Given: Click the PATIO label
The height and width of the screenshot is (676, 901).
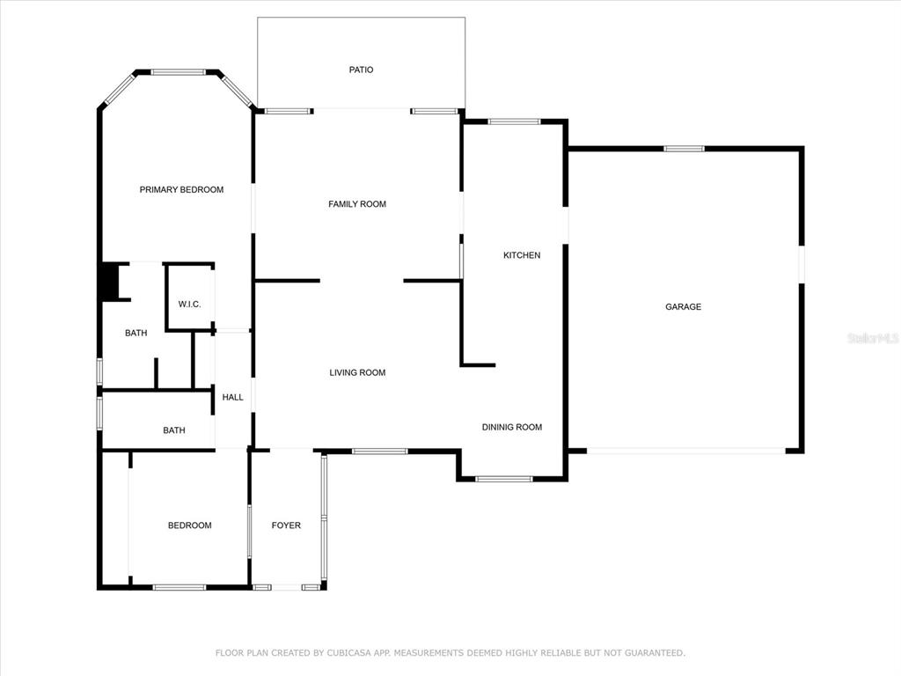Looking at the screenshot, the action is click(x=361, y=70).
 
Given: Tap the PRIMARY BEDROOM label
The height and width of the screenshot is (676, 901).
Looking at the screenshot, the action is click(x=181, y=190).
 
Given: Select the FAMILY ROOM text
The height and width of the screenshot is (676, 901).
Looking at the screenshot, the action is click(x=357, y=204).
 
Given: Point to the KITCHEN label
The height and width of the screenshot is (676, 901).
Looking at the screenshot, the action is click(x=522, y=255).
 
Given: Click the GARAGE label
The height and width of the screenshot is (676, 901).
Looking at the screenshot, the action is click(x=683, y=307).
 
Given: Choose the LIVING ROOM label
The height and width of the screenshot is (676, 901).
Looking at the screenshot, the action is click(x=357, y=372).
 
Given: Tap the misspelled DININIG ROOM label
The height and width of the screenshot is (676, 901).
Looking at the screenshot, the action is click(x=512, y=427).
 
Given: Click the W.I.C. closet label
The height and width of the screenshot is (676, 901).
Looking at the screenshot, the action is click(x=190, y=304).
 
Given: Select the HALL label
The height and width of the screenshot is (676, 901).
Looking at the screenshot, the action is click(x=232, y=397).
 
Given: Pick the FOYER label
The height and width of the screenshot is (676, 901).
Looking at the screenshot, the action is click(x=286, y=525).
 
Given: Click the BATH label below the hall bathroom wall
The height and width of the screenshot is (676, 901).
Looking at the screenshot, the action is click(x=174, y=430).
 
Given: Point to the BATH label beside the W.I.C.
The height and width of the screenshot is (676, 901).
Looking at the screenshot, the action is click(x=136, y=333).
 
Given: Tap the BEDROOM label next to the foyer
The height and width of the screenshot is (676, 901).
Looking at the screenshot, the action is click(x=190, y=525).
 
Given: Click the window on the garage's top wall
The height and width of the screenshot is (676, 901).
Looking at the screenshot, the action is click(x=684, y=149).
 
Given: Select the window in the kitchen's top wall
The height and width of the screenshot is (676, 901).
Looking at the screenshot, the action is click(x=514, y=121).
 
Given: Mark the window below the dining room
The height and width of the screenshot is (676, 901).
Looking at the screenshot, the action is click(x=504, y=478).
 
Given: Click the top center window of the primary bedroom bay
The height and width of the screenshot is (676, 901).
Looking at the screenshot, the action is click(x=178, y=72).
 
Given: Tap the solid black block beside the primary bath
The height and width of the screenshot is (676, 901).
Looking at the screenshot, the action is click(x=110, y=282).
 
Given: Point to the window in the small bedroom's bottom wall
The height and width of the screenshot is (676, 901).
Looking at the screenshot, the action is click(x=179, y=587).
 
